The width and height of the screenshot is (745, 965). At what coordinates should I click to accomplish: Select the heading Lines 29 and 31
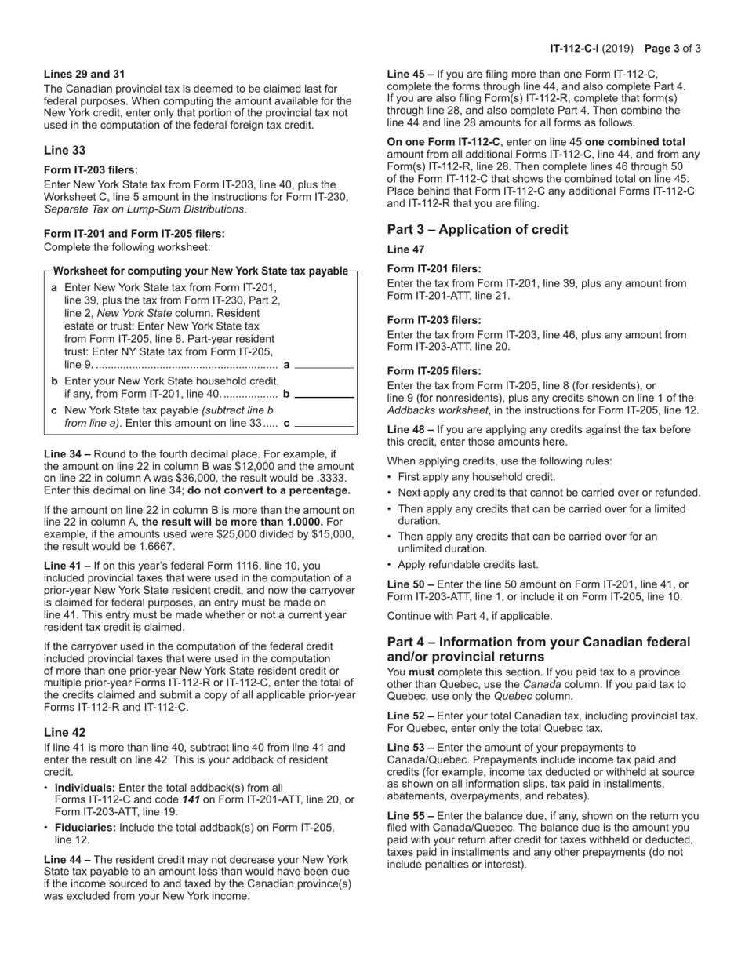click(84, 74)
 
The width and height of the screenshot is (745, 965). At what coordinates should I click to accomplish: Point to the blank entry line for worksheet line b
click(324, 396)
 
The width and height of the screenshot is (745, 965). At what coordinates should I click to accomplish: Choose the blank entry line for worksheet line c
click(324, 425)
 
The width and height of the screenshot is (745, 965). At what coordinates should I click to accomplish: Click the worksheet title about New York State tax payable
click(200, 271)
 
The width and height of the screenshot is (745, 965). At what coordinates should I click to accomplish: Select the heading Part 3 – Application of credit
click(477, 229)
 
